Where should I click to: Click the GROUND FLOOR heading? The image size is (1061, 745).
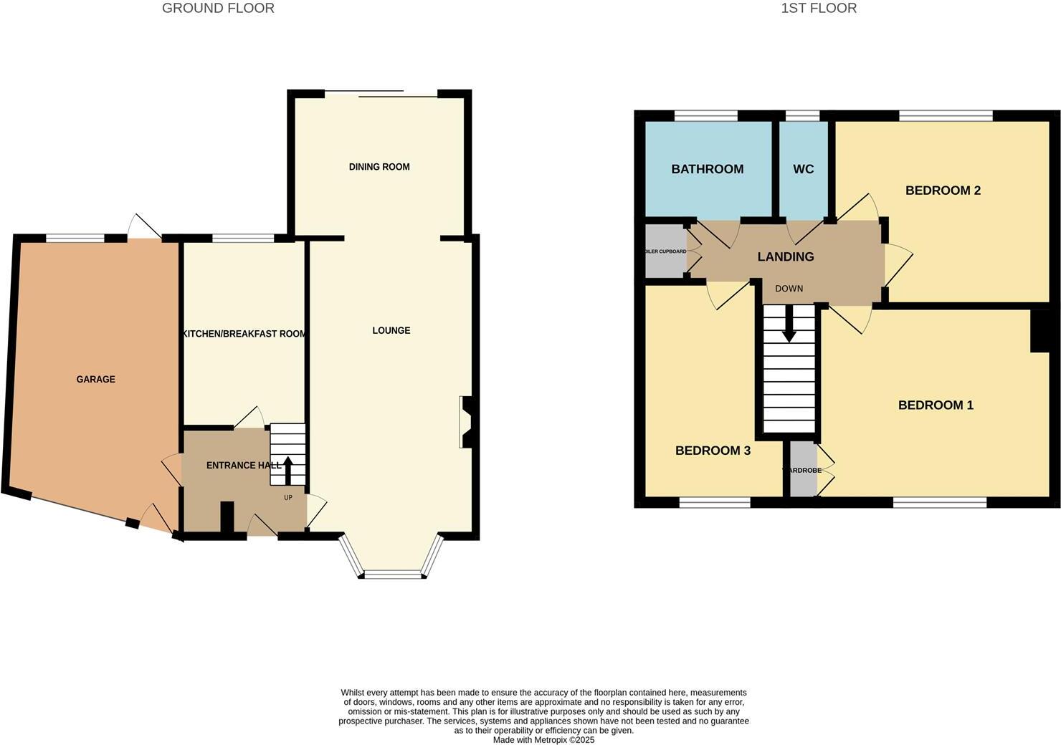tap(218, 9)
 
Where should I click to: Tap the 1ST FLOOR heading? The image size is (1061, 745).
tap(819, 9)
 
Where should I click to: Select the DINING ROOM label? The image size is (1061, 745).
tap(379, 167)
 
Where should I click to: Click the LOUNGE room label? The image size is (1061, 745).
tap(391, 330)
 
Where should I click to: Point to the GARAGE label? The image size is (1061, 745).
tap(96, 379)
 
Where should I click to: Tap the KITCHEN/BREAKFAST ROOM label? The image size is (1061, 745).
tap(244, 334)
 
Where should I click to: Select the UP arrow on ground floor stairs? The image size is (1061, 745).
tap(288, 471)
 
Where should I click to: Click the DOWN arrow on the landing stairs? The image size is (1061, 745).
tap(789, 326)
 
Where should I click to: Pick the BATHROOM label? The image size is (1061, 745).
tap(707, 169)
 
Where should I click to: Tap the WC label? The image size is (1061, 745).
tap(803, 169)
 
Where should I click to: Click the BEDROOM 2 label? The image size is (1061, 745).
tap(943, 190)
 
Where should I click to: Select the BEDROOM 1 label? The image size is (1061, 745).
tap(936, 405)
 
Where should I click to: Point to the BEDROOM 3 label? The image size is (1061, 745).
tap(713, 451)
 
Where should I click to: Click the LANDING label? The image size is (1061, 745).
tap(786, 256)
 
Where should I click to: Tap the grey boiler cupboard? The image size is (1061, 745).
tap(665, 251)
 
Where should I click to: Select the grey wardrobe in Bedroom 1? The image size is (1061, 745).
tap(803, 470)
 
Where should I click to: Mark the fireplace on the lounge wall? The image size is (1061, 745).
tap(466, 423)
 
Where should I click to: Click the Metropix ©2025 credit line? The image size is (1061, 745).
tap(543, 740)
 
